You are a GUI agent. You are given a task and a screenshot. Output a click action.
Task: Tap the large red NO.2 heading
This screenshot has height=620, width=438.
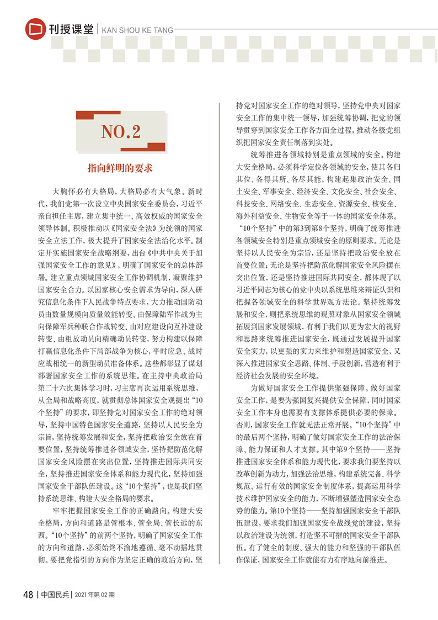tap(121, 131)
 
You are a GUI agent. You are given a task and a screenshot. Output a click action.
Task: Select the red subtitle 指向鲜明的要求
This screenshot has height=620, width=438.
tap(120, 167)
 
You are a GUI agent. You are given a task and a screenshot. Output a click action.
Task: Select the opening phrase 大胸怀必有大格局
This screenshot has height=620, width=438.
tap(83, 193)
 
